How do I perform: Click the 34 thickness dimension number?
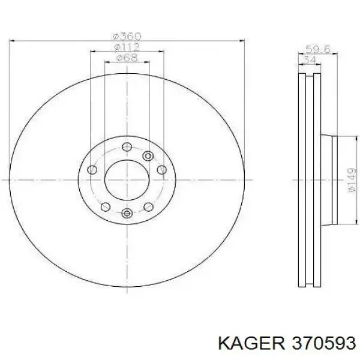click(309, 60)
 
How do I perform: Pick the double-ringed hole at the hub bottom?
click(126, 214)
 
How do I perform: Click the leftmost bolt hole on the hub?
click(91, 170)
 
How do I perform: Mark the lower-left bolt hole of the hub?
click(105, 207)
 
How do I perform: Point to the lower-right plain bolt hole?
click(148, 207)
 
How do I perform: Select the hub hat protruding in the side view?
click(331, 179)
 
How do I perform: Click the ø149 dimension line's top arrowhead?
click(344, 137)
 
